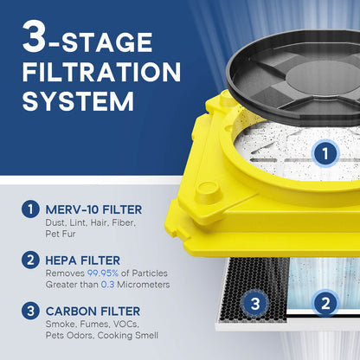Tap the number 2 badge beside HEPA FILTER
tap(31, 260)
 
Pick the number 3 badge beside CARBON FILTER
tap(31, 310)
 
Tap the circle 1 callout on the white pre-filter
tap(323, 154)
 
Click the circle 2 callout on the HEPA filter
tap(325, 304)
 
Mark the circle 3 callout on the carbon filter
tap(254, 304)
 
